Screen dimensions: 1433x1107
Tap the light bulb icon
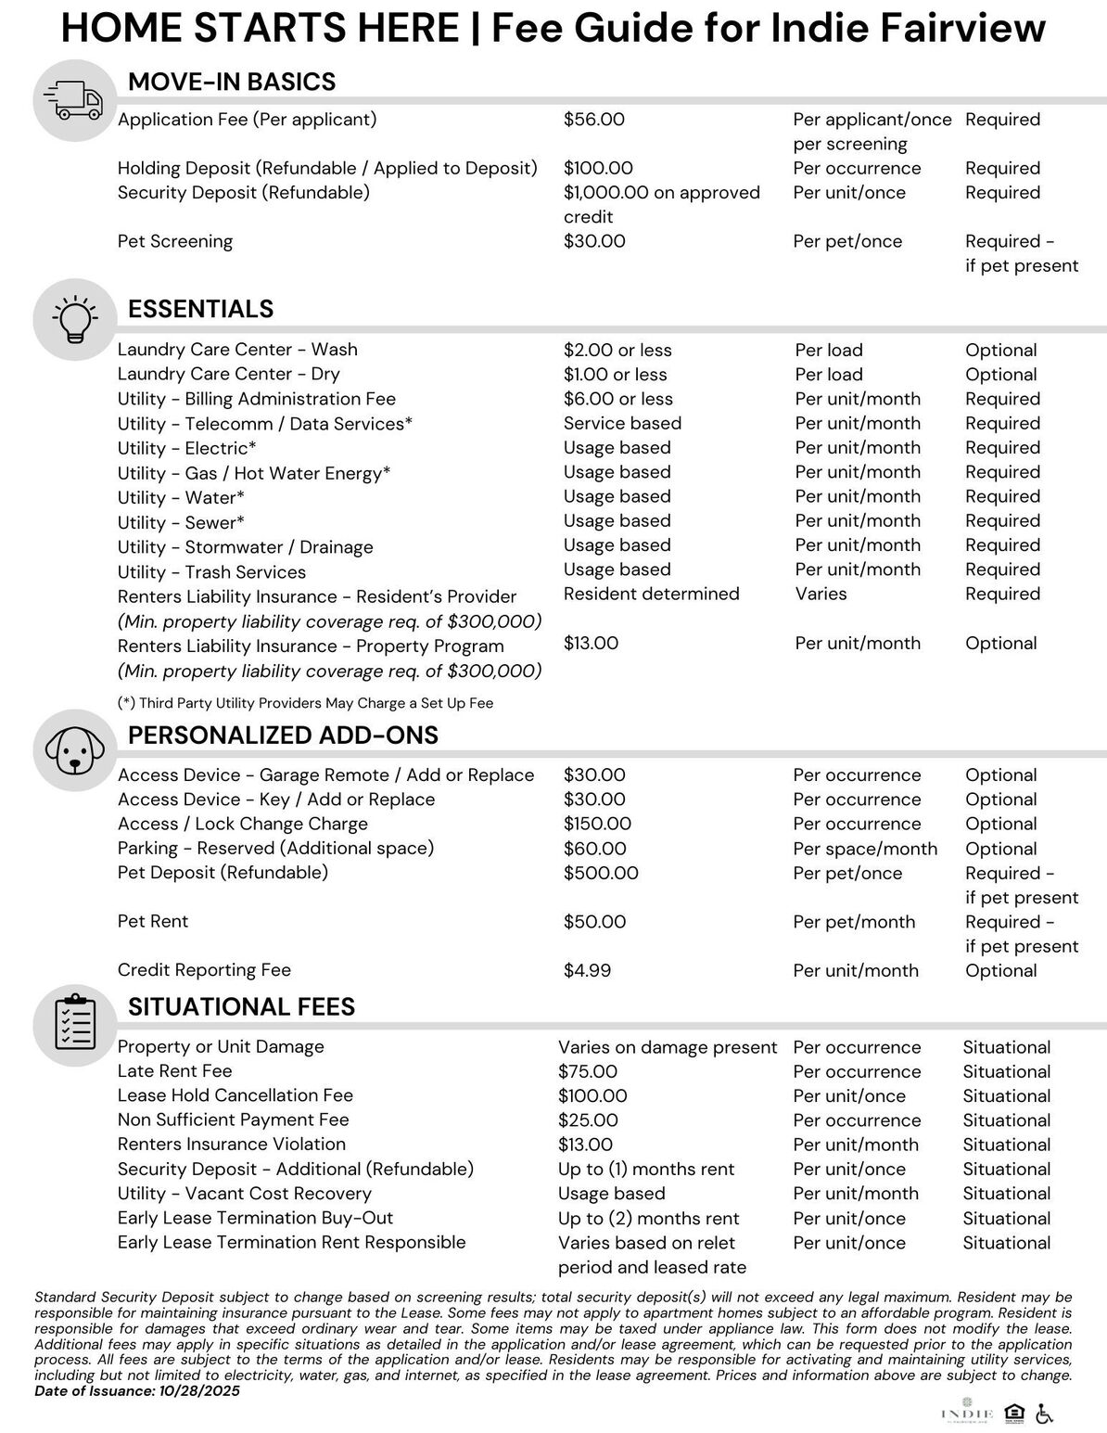75,317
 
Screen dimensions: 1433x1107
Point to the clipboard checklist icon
75,1022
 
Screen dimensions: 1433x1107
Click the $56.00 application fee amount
593,120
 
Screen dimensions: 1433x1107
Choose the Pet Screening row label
174,242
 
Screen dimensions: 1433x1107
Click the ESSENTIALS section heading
200,309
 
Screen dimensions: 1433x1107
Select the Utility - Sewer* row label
181,522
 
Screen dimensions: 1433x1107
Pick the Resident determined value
651,595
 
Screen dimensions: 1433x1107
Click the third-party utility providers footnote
305,703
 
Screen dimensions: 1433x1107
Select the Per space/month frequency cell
864,849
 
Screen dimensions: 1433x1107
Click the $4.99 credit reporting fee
587,971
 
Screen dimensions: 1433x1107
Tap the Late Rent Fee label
174,1071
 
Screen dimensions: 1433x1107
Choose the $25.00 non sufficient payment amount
587,1120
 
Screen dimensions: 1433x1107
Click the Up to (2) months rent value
648,1219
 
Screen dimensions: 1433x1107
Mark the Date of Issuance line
136,1391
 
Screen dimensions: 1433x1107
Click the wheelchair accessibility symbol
1044,1414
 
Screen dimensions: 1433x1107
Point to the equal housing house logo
1015,1414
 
